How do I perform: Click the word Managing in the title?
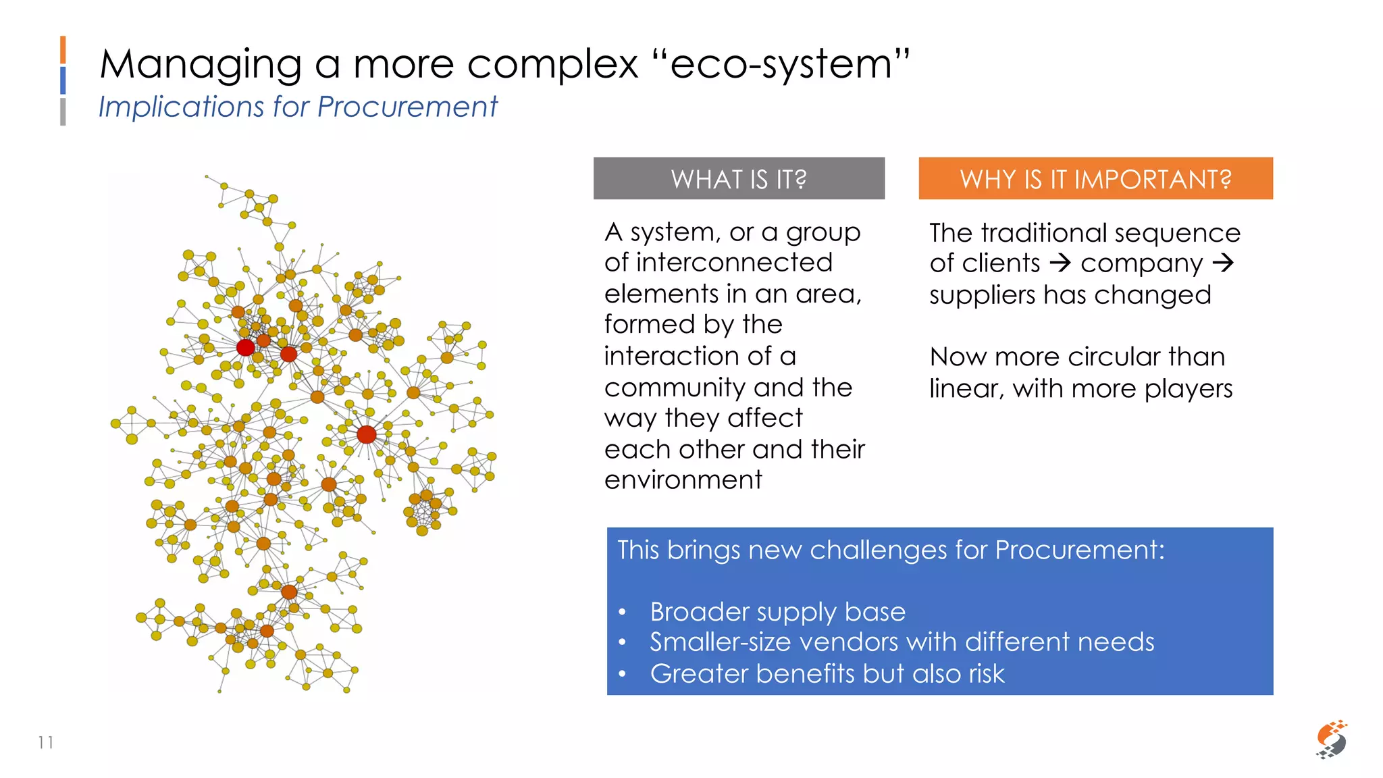[201, 66]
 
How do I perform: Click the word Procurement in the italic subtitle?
[407, 107]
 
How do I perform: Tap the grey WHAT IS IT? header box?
[739, 179]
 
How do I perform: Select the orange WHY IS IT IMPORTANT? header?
[1095, 179]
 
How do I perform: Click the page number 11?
[46, 743]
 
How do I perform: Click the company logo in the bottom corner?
[1331, 740]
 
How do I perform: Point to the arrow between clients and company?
[1061, 263]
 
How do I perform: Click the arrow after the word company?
[1223, 263]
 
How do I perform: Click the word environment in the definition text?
[683, 480]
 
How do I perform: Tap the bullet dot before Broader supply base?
[623, 613]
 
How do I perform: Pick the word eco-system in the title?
[781, 66]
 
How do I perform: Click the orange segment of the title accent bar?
[63, 50]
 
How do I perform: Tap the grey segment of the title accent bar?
[63, 111]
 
